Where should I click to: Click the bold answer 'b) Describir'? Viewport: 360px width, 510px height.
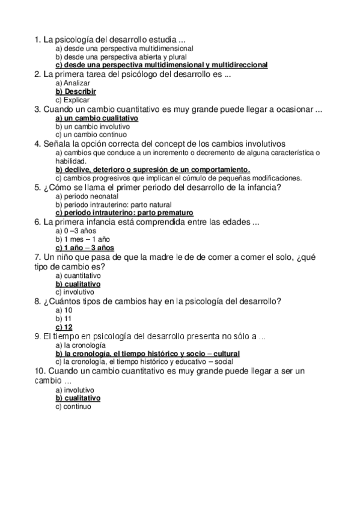[x=75, y=91]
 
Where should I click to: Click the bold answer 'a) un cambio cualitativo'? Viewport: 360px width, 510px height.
[x=97, y=118]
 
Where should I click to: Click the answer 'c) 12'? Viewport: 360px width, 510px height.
[x=64, y=327]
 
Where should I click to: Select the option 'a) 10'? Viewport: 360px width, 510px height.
[x=64, y=310]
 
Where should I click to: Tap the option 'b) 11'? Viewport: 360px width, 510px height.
[x=64, y=318]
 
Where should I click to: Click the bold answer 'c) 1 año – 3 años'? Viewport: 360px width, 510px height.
[x=85, y=248]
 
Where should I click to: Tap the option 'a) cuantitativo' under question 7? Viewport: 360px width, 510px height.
[x=78, y=275]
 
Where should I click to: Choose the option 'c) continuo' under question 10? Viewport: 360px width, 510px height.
[x=73, y=407]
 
